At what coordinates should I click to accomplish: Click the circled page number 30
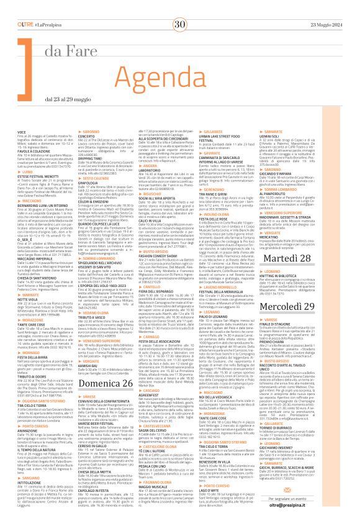(180, 7)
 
